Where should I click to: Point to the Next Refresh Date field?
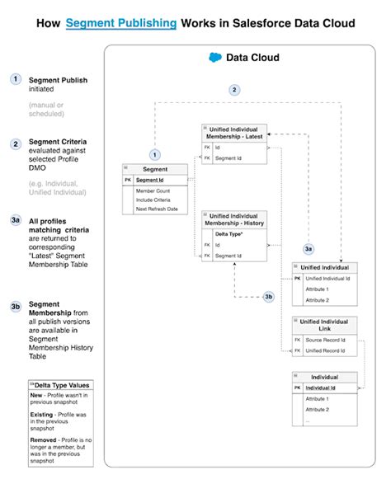coord(157,209)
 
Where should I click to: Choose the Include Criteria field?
coord(155,200)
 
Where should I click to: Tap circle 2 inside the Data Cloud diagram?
coord(234,89)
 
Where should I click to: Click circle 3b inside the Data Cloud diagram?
coord(269,297)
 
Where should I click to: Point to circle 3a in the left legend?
coord(16,221)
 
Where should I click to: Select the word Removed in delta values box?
coord(43,439)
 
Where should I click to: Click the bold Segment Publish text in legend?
coord(58,80)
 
